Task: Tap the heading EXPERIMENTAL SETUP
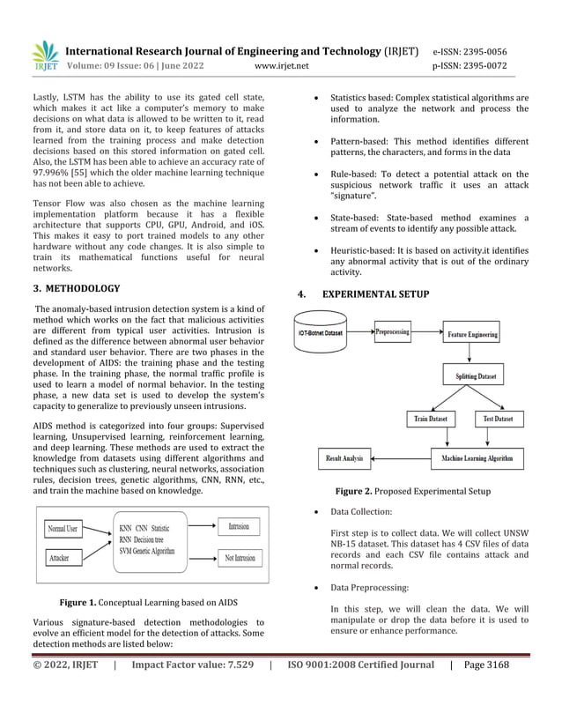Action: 376,294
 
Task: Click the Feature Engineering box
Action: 472,335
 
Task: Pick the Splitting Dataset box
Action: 476,376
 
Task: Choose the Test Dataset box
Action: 499,419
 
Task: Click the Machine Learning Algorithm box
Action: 476,458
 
